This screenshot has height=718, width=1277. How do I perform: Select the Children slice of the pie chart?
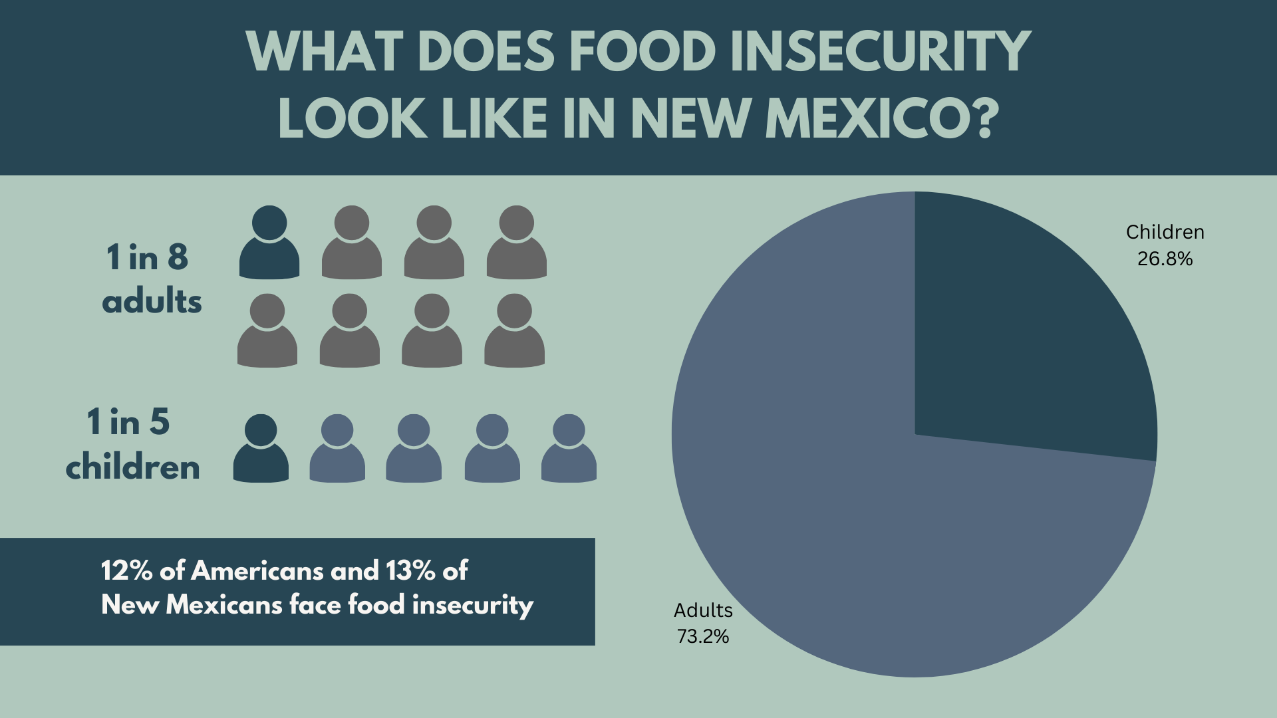tap(1024, 332)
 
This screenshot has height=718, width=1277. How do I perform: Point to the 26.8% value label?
tap(1165, 259)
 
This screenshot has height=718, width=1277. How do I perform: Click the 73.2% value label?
tap(703, 636)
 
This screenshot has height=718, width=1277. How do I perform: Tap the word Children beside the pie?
tap(1165, 232)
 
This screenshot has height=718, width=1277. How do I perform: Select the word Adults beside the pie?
tap(703, 610)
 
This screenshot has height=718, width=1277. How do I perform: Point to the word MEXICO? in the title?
tap(882, 118)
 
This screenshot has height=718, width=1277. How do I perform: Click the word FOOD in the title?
tap(642, 51)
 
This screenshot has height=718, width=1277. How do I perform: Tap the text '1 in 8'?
tap(148, 257)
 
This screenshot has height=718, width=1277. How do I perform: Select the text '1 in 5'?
tap(128, 422)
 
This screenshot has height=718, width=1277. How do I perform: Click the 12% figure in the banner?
tap(126, 570)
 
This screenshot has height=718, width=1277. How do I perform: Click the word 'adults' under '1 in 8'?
tap(152, 302)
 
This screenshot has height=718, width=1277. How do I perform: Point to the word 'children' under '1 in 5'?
tap(133, 467)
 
